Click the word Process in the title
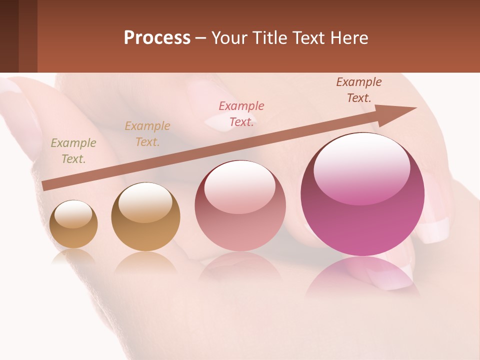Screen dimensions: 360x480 click(157, 38)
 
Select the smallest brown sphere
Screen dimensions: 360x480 click(73, 224)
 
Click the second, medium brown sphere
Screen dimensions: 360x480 click(145, 217)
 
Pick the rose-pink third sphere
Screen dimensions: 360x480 click(240, 205)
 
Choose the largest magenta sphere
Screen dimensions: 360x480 click(362, 195)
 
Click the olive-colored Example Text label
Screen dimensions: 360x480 click(73, 151)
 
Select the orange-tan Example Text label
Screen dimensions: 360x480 click(147, 134)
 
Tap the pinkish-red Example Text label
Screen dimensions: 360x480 click(241, 114)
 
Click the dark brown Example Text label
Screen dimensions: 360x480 click(358, 90)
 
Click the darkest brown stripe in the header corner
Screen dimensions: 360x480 click(9, 36)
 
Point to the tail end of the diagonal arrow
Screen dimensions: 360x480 click(45, 186)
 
